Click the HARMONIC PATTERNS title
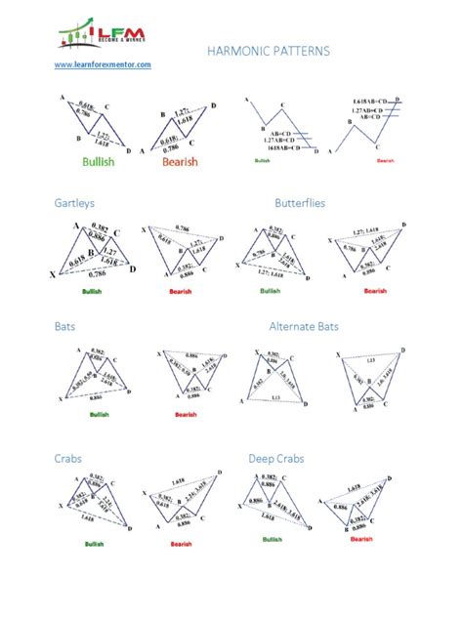click(x=269, y=50)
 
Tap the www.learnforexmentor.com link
click(x=103, y=64)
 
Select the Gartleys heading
click(x=73, y=203)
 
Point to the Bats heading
click(x=65, y=327)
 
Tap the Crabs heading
click(x=68, y=457)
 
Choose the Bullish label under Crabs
click(x=95, y=543)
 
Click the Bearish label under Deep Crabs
click(x=361, y=538)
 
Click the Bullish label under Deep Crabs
click(x=273, y=539)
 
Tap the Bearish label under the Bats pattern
click(x=186, y=414)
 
